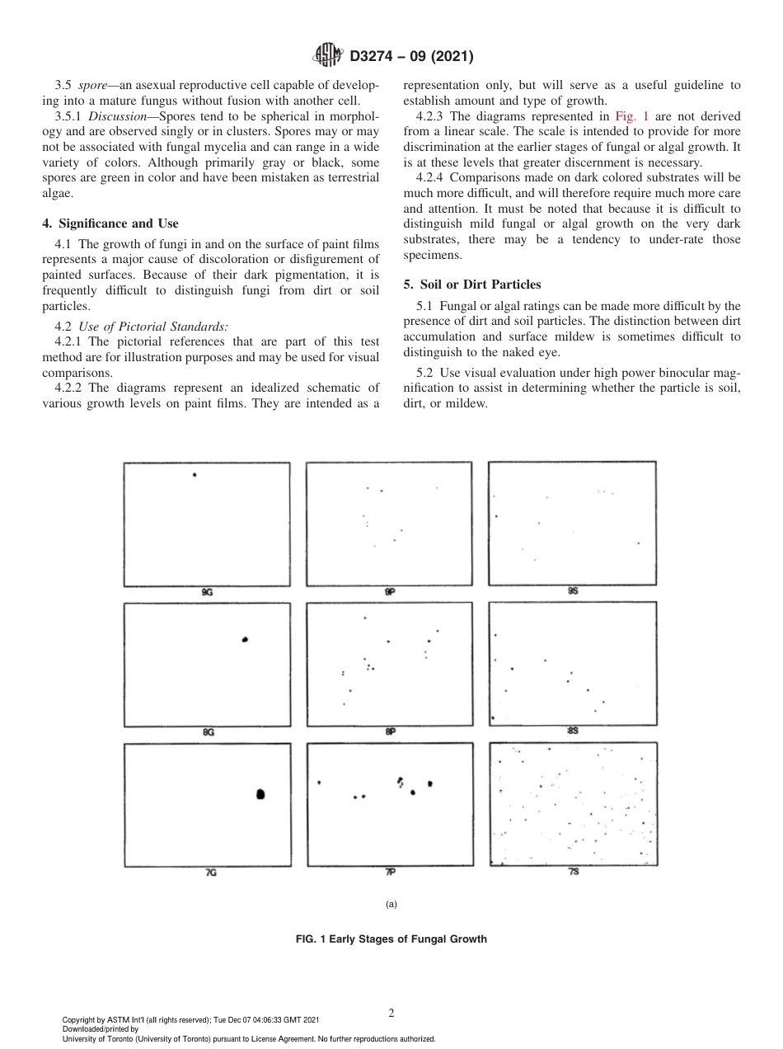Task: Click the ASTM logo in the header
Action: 330,57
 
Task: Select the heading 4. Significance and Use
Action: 110,223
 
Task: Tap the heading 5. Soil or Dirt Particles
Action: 471,285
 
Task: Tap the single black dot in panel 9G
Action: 195,475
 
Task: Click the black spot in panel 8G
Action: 245,640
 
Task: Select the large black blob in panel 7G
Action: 260,793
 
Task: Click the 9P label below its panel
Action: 390,591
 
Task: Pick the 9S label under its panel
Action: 573,590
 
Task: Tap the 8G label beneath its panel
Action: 208,731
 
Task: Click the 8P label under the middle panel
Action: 390,731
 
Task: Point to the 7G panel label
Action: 210,872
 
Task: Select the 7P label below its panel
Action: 390,872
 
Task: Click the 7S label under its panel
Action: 573,871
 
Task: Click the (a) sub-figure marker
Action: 391,904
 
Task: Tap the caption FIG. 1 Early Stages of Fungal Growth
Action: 391,939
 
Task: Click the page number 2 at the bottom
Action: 391,1013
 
